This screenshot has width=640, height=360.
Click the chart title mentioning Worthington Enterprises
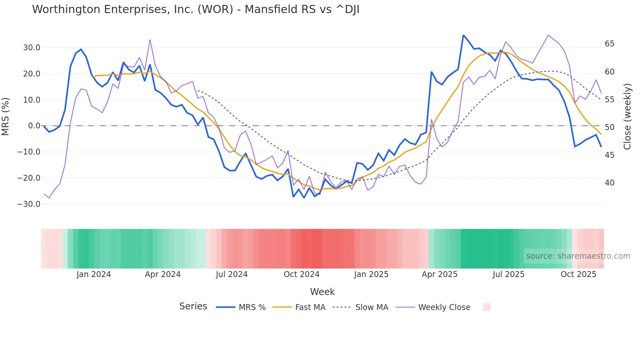tap(196, 9)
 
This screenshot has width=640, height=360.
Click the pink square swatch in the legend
tap(487, 307)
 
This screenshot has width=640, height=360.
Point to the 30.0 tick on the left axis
tap(32, 48)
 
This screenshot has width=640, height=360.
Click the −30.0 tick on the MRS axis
tap(29, 204)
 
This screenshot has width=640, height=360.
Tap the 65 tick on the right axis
tap(609, 44)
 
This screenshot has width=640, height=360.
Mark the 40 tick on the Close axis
tap(609, 183)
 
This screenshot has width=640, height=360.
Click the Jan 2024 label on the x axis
tap(94, 274)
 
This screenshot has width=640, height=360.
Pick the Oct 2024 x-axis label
tap(301, 274)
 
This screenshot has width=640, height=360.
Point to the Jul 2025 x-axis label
tap(508, 274)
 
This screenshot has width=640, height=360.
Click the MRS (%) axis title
tap(6, 116)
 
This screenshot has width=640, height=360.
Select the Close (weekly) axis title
tap(627, 117)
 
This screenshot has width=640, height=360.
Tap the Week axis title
tap(322, 292)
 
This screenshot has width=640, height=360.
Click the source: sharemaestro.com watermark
tap(578, 256)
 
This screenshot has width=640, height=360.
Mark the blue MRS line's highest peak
tap(463, 35)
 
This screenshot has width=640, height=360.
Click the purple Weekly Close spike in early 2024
tap(150, 40)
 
